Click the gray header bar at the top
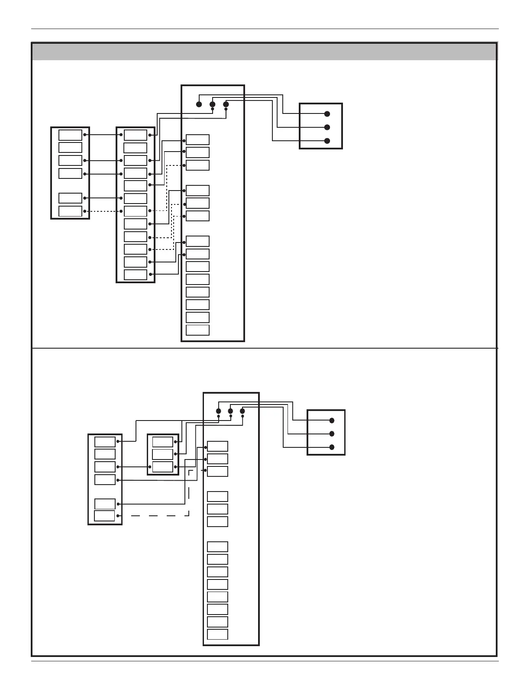[x=264, y=51]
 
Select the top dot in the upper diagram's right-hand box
[x=327, y=114]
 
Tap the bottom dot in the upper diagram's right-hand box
[x=327, y=141]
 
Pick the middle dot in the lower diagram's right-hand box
[x=332, y=434]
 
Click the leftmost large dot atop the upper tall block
[x=199, y=104]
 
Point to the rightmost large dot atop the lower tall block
[x=242, y=411]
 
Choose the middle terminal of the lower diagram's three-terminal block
[x=163, y=454]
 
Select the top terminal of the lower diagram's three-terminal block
[x=163, y=442]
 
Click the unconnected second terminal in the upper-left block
[x=70, y=148]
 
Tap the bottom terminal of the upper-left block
[x=70, y=211]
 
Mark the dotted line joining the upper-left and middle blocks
[x=103, y=211]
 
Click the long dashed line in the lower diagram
[x=160, y=515]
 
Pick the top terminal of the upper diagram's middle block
[x=136, y=135]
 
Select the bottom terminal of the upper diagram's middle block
[x=136, y=275]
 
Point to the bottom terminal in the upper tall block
[x=197, y=330]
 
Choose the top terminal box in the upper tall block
[x=197, y=140]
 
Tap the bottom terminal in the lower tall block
[x=217, y=634]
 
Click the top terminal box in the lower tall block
[x=217, y=447]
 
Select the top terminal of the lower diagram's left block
[x=105, y=442]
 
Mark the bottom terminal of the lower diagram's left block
[x=105, y=516]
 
